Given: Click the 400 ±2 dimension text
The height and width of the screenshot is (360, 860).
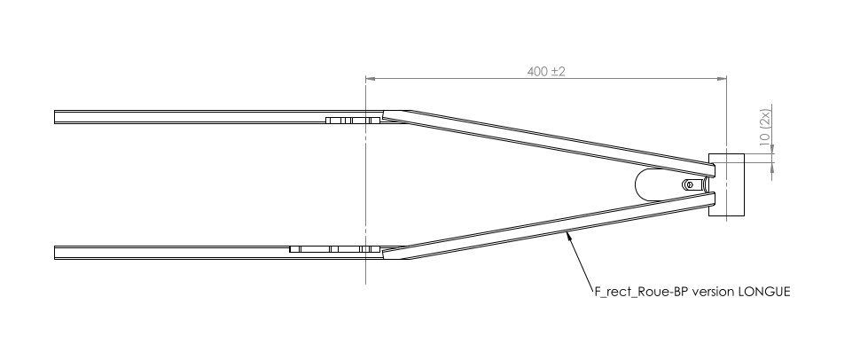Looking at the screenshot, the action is tap(546, 71).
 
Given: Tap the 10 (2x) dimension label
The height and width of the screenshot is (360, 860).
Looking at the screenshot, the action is tap(765, 128).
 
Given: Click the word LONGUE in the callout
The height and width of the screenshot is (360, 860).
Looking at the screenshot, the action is tap(764, 292).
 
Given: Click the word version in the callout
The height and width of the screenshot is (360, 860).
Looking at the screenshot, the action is tap(713, 292).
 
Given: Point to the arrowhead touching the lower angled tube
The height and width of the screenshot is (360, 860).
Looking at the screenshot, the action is tap(570, 236).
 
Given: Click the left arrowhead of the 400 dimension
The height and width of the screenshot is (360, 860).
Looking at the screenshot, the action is tap(371, 79).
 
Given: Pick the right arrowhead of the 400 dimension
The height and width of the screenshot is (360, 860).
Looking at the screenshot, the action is tap(722, 79).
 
